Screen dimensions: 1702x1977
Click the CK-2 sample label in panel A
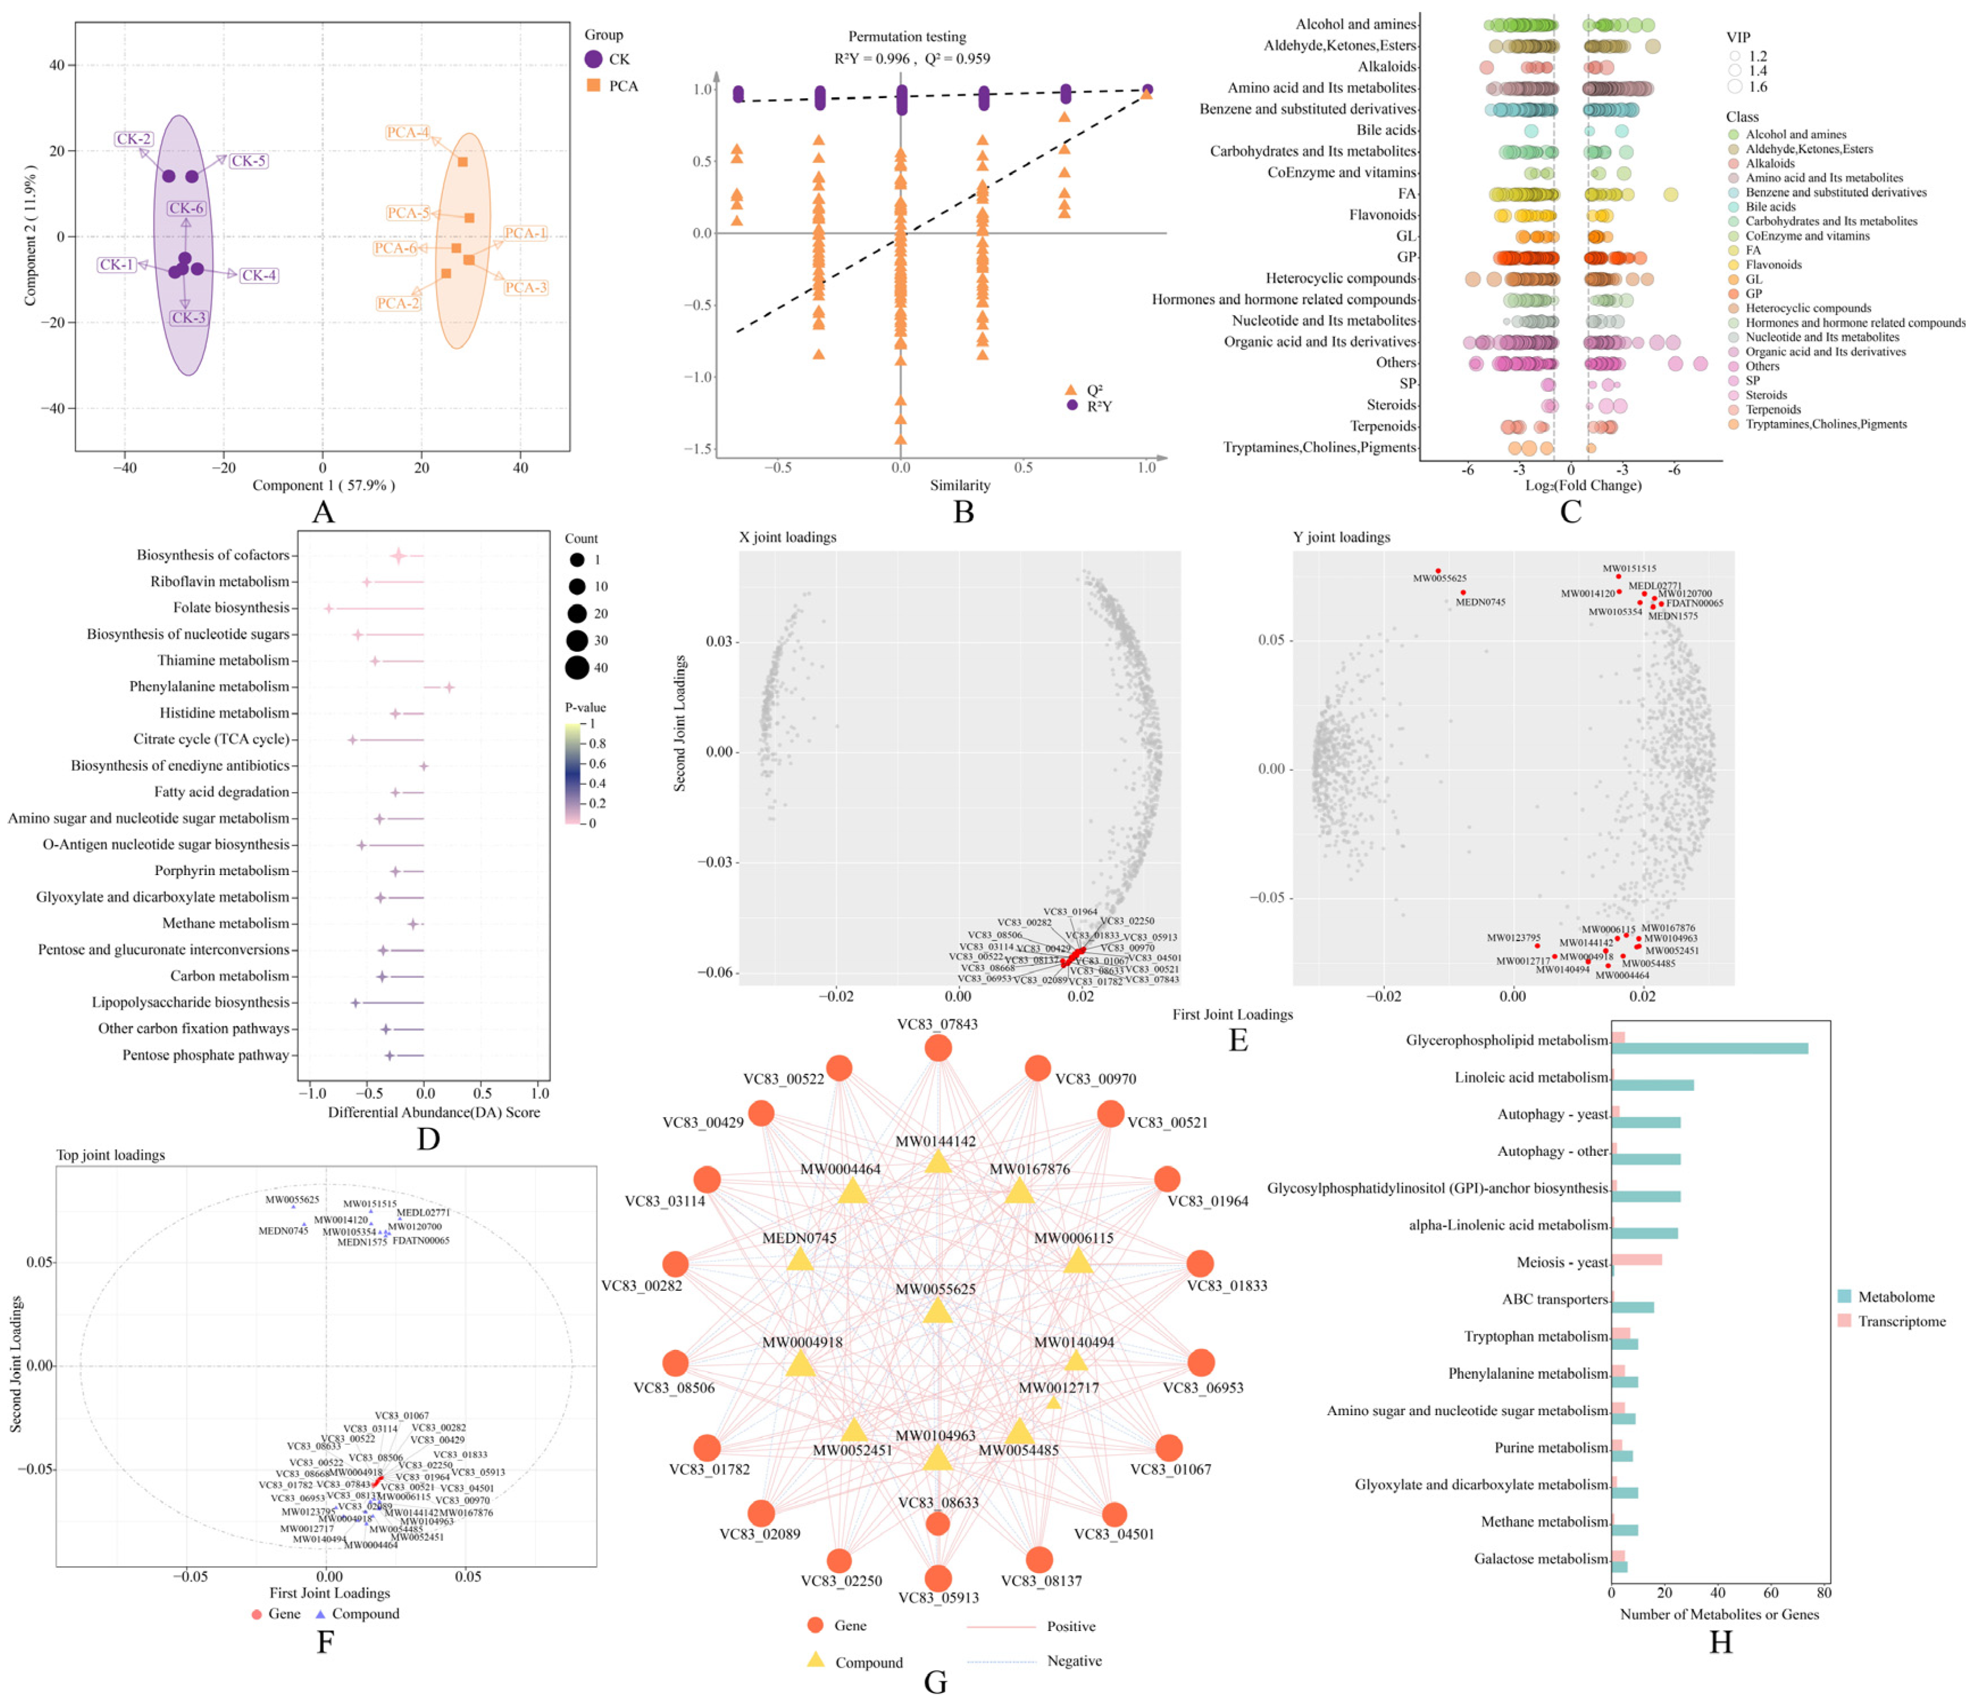tap(134, 139)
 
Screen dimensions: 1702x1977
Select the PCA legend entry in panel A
tap(622, 86)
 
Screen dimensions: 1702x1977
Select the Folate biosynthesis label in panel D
tap(231, 608)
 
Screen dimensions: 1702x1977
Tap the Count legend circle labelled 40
tap(576, 668)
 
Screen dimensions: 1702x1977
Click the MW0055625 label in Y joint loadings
tap(1439, 578)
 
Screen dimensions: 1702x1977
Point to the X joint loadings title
tap(787, 537)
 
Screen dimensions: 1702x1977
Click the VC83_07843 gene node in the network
tap(938, 1048)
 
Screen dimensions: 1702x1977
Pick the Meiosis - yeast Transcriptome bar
tap(1636, 1260)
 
